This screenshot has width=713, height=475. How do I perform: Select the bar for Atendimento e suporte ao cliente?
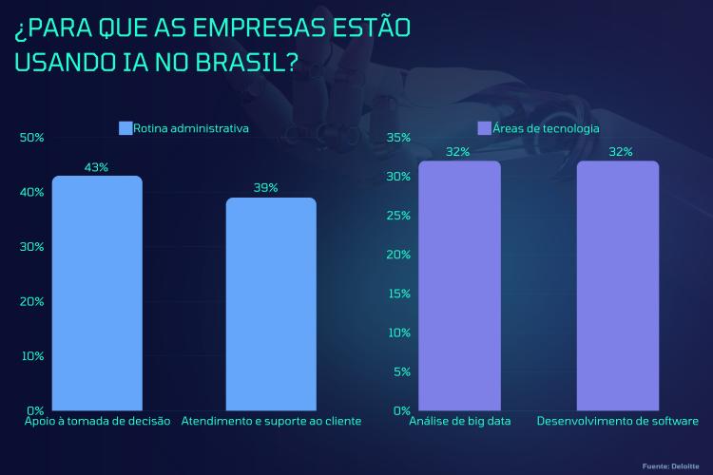(x=271, y=304)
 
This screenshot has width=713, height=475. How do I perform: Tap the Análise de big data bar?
(x=459, y=285)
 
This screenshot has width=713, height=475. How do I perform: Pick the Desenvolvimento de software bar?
(x=618, y=285)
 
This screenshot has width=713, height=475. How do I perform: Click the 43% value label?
(x=97, y=167)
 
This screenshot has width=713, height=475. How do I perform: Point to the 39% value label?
(x=266, y=188)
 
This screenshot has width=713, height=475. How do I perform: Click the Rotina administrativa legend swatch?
(x=125, y=127)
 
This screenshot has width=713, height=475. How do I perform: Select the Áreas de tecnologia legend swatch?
(x=484, y=127)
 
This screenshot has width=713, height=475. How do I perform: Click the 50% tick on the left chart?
(x=32, y=138)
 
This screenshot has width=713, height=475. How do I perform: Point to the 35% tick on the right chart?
(x=398, y=138)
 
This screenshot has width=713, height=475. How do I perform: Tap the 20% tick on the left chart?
(x=32, y=301)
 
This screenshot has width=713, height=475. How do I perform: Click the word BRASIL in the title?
(x=242, y=65)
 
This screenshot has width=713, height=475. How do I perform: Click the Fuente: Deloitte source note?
(x=672, y=465)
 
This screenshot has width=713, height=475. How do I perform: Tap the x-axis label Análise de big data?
(x=460, y=420)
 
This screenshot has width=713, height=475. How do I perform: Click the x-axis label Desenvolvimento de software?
(x=618, y=420)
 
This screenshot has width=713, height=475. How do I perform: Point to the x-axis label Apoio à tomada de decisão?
(x=97, y=420)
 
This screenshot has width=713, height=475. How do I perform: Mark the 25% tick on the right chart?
(x=398, y=216)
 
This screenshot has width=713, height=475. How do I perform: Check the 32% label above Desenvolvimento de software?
(x=621, y=152)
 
